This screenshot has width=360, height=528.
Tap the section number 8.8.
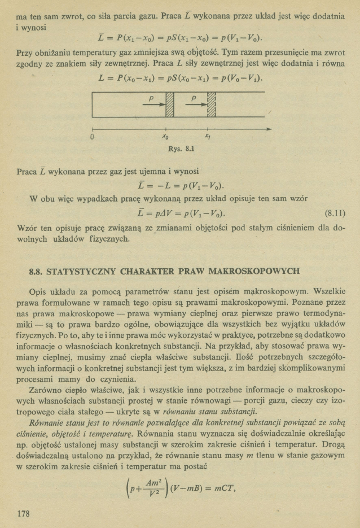point(37,272)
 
